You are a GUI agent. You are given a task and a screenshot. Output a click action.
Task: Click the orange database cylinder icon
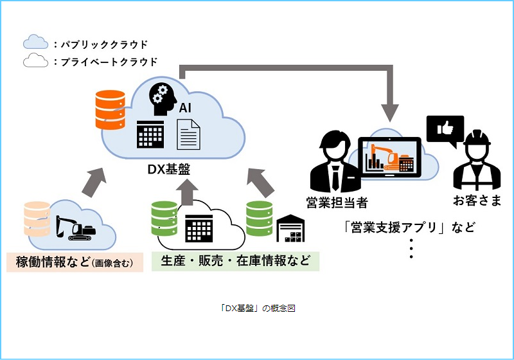point(110,109)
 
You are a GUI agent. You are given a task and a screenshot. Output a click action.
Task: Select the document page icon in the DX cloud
point(188,134)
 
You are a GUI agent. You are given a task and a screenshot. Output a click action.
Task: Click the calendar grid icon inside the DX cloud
point(150,134)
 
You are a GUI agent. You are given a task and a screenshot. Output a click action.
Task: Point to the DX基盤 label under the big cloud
point(169,169)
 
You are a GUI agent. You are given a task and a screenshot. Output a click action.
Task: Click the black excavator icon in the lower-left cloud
point(75,228)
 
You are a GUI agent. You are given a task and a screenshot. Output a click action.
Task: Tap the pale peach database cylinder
point(37,219)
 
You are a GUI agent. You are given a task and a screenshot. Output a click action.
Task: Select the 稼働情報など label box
point(75,262)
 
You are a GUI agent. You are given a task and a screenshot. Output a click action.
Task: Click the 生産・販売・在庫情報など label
point(235,261)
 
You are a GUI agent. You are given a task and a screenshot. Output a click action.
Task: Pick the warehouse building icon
point(290,228)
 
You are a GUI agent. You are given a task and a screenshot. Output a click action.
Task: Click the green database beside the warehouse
point(259,219)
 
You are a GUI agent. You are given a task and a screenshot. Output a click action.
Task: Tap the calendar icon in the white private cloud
point(199,228)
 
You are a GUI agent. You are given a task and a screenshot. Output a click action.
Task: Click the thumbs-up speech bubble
point(445,130)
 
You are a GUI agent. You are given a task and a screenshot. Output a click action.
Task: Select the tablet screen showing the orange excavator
point(389,157)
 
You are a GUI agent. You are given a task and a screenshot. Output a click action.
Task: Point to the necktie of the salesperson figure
point(335,177)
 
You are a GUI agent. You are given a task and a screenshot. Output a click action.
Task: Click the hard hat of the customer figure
point(477,138)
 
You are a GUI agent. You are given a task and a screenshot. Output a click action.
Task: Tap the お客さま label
point(477,201)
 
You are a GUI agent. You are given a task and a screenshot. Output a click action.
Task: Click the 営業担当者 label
point(337,203)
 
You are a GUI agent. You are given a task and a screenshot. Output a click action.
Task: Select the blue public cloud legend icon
point(35,42)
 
